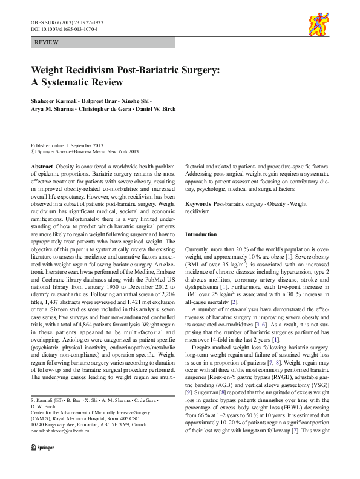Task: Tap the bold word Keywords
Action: (x=198, y=205)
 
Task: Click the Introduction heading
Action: (x=200, y=234)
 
